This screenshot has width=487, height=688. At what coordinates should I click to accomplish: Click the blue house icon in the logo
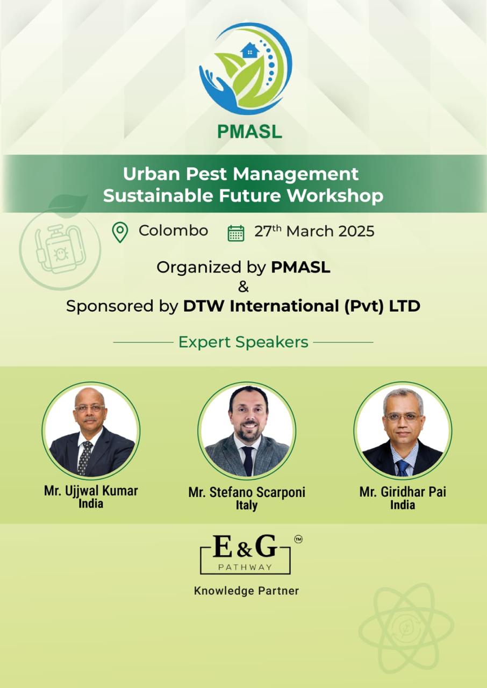250,51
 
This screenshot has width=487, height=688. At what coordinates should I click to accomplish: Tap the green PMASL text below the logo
249,131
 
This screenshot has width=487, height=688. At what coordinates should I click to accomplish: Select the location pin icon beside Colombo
120,233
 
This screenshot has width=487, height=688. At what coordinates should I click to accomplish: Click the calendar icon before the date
236,233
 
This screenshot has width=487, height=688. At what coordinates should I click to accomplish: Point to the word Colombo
173,231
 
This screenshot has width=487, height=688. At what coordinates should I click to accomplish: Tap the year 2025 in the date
356,231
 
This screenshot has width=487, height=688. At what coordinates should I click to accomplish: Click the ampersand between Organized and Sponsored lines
243,287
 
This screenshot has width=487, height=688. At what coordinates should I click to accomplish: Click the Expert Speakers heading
243,342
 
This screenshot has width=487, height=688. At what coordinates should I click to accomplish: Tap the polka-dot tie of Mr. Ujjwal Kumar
85,457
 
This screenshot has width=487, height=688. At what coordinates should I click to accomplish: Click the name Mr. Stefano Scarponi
247,492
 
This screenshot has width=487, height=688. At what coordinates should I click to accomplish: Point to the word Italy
247,506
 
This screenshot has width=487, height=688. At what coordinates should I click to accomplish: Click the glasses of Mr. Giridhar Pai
403,417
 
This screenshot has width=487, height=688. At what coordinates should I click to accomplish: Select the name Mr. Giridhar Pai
403,492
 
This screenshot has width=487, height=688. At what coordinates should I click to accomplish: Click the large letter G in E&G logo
266,546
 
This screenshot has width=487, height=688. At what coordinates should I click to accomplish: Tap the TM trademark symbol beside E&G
298,539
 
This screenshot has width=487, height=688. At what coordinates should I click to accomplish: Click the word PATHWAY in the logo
245,567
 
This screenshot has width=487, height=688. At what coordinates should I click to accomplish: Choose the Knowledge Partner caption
246,591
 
